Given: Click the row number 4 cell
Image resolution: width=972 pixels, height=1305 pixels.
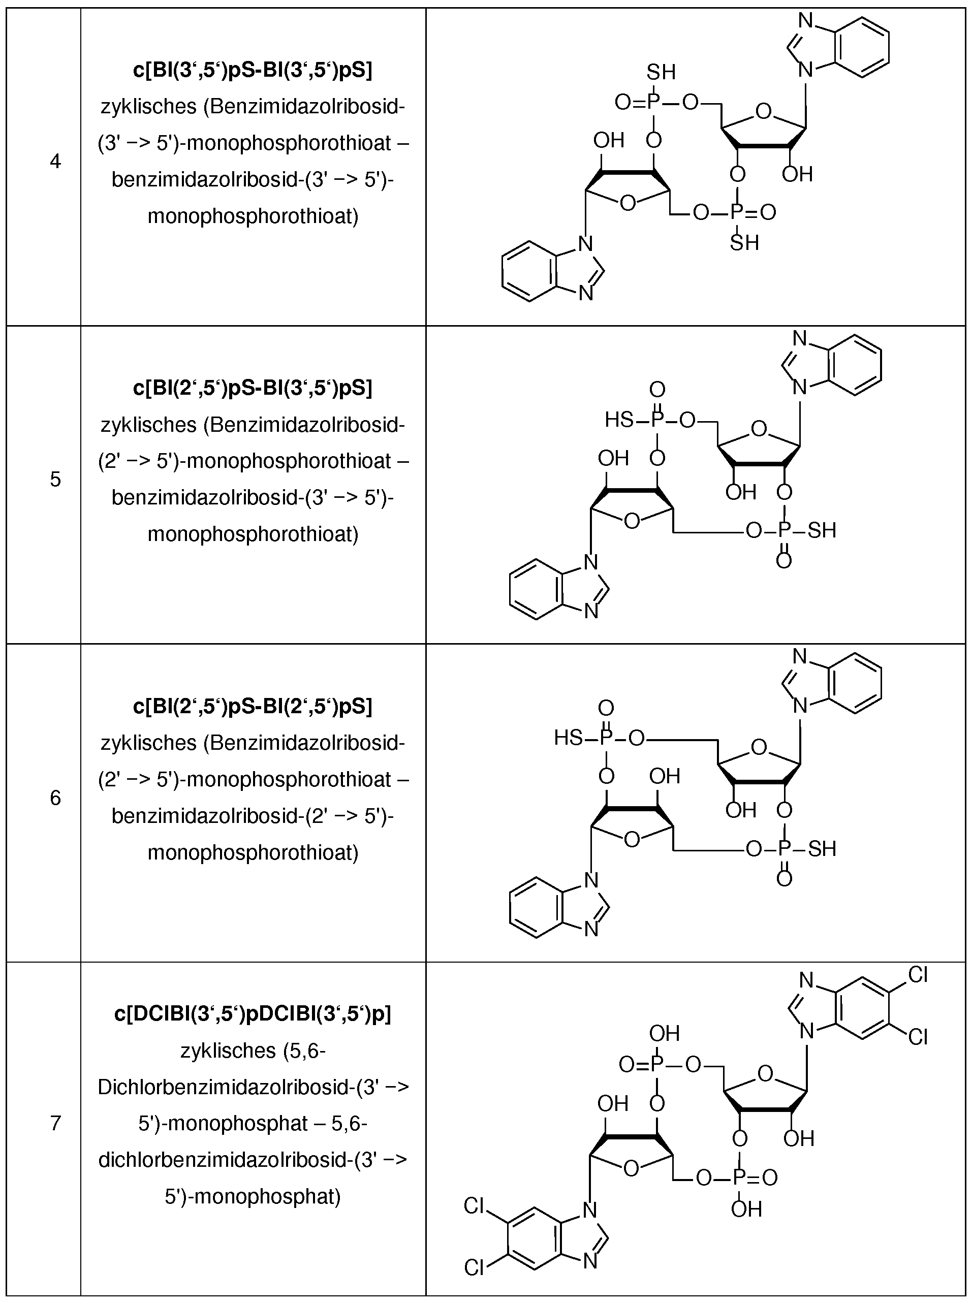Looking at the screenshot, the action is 55,161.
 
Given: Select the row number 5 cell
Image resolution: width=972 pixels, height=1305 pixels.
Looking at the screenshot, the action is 55,480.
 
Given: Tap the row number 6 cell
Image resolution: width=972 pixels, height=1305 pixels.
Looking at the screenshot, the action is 55,798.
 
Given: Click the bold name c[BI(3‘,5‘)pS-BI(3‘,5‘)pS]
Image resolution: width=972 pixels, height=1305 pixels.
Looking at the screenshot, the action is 253,70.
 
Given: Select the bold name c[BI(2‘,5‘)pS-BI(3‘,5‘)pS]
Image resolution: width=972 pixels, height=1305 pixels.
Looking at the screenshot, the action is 253,388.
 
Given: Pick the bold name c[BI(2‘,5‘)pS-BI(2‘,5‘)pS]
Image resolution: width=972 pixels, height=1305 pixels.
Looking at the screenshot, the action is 253,706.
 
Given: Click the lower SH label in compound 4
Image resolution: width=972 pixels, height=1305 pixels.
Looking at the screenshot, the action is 744,242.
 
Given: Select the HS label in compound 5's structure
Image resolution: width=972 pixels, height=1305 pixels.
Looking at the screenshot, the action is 619,420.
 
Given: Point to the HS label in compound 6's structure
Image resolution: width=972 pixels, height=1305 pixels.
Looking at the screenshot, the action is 569,738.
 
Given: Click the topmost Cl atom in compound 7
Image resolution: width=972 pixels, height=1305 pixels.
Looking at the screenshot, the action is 918,976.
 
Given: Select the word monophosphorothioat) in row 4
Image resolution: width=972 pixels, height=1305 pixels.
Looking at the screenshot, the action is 253,216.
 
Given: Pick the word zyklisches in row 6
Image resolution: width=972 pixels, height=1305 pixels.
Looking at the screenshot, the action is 149,743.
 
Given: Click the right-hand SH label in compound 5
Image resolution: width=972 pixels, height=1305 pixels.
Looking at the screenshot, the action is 822,530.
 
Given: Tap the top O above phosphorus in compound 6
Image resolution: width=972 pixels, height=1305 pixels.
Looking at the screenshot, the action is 606,708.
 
